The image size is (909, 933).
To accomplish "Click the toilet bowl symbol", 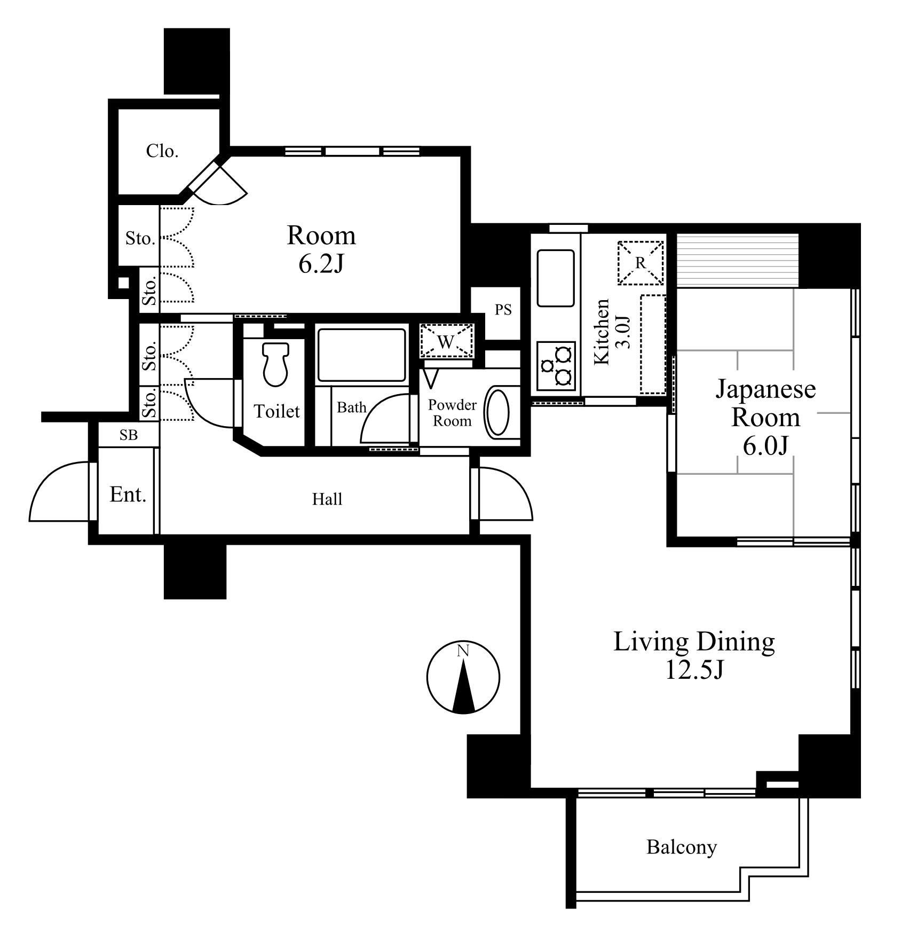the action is click(x=275, y=364).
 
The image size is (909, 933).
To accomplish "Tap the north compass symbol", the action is click(x=463, y=677).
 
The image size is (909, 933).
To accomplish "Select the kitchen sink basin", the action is click(x=556, y=278).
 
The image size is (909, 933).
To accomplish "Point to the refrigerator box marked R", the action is click(x=641, y=262).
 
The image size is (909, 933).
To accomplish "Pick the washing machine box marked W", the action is click(x=447, y=340).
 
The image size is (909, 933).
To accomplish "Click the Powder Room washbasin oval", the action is click(x=497, y=412).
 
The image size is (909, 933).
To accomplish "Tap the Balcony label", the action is click(x=682, y=847).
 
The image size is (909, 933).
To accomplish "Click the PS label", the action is click(x=503, y=310).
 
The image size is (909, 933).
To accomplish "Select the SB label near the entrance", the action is click(x=128, y=435).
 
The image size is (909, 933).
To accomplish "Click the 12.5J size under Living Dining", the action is click(x=694, y=669).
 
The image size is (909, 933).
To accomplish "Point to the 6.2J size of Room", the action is click(x=321, y=263).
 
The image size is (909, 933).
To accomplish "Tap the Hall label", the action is click(x=327, y=499).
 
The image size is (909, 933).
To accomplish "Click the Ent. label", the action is click(x=128, y=495).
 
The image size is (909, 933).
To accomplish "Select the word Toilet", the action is click(x=276, y=411).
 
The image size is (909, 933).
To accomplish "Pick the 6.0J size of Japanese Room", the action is click(x=765, y=446).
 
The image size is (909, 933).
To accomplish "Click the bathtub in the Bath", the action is click(x=361, y=355).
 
